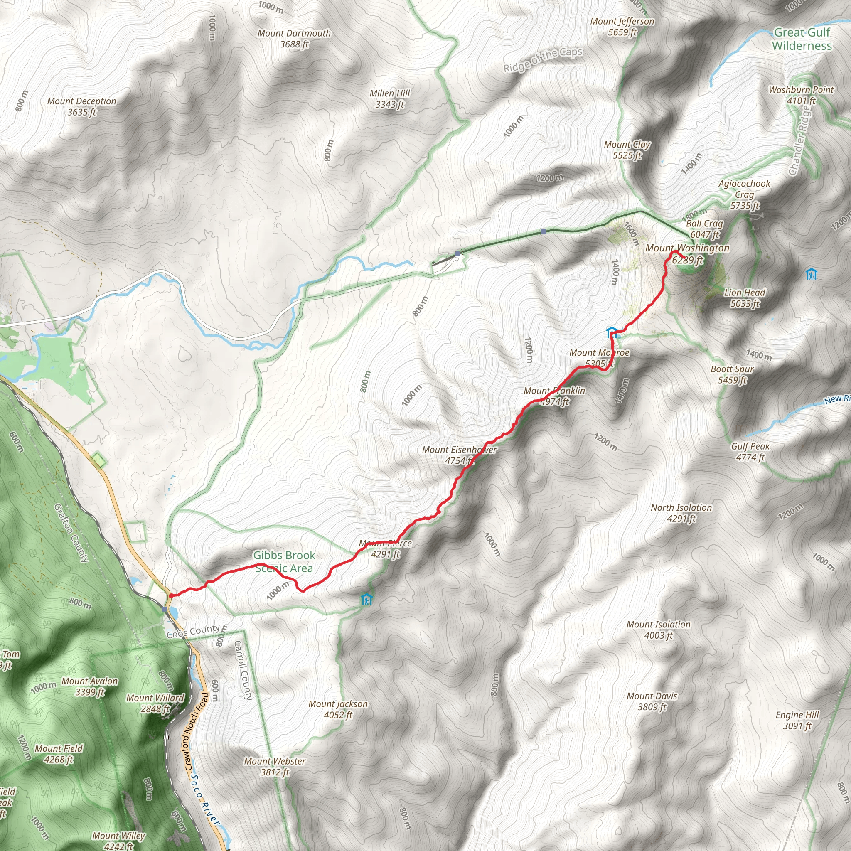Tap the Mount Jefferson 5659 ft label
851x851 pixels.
coord(622,27)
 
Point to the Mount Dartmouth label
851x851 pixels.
coord(294,39)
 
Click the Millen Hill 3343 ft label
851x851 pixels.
coord(389,98)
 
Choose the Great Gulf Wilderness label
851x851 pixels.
coord(802,39)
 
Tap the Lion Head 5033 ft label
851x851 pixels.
coord(745,298)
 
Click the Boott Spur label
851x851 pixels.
coord(732,374)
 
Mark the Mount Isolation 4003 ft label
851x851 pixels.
coord(659,630)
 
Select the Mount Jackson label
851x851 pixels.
coord(338,709)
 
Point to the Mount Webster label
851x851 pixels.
coord(275,766)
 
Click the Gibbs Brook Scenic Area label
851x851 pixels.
coord(284,562)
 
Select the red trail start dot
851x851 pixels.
coord(171,596)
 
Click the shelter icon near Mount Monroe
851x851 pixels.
coord(611,332)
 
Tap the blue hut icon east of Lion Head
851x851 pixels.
coord(811,274)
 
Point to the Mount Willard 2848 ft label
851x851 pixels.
coord(155,703)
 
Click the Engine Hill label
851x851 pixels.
coord(797,720)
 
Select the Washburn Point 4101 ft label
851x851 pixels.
coord(801,95)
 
